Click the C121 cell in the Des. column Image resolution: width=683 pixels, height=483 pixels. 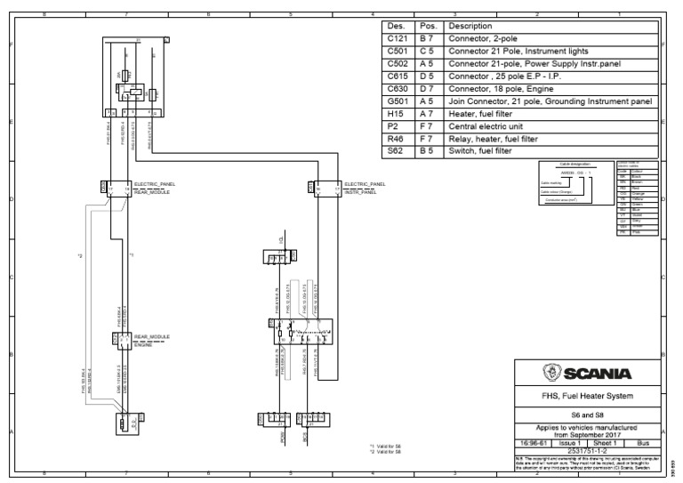coord(396,39)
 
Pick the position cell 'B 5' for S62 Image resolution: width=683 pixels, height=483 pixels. coord(428,151)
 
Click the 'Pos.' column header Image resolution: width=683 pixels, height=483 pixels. coord(428,27)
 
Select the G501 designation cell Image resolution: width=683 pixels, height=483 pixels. coord(396,101)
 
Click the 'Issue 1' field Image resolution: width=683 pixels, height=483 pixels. coord(572,441)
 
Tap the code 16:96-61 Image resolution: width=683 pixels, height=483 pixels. coord(534,441)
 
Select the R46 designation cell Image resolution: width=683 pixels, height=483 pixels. coord(396,139)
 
